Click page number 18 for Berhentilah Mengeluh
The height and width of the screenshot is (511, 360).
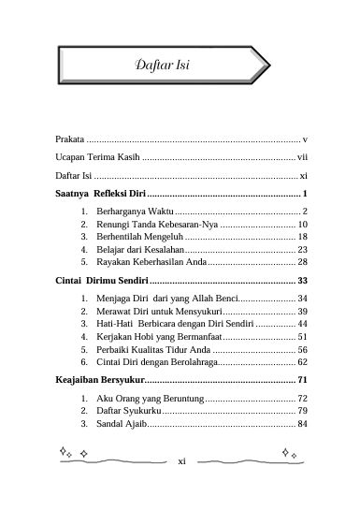[302, 238]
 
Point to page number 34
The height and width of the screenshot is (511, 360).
[302, 299]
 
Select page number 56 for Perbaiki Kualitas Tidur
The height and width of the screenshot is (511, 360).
[302, 348]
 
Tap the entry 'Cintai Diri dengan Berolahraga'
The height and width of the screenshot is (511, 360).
[158, 360]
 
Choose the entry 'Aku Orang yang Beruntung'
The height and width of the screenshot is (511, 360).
[150, 399]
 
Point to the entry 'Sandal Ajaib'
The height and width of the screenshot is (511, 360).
[121, 424]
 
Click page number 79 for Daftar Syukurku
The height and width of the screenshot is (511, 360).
[302, 411]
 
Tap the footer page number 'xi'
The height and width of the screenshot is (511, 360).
[182, 460]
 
